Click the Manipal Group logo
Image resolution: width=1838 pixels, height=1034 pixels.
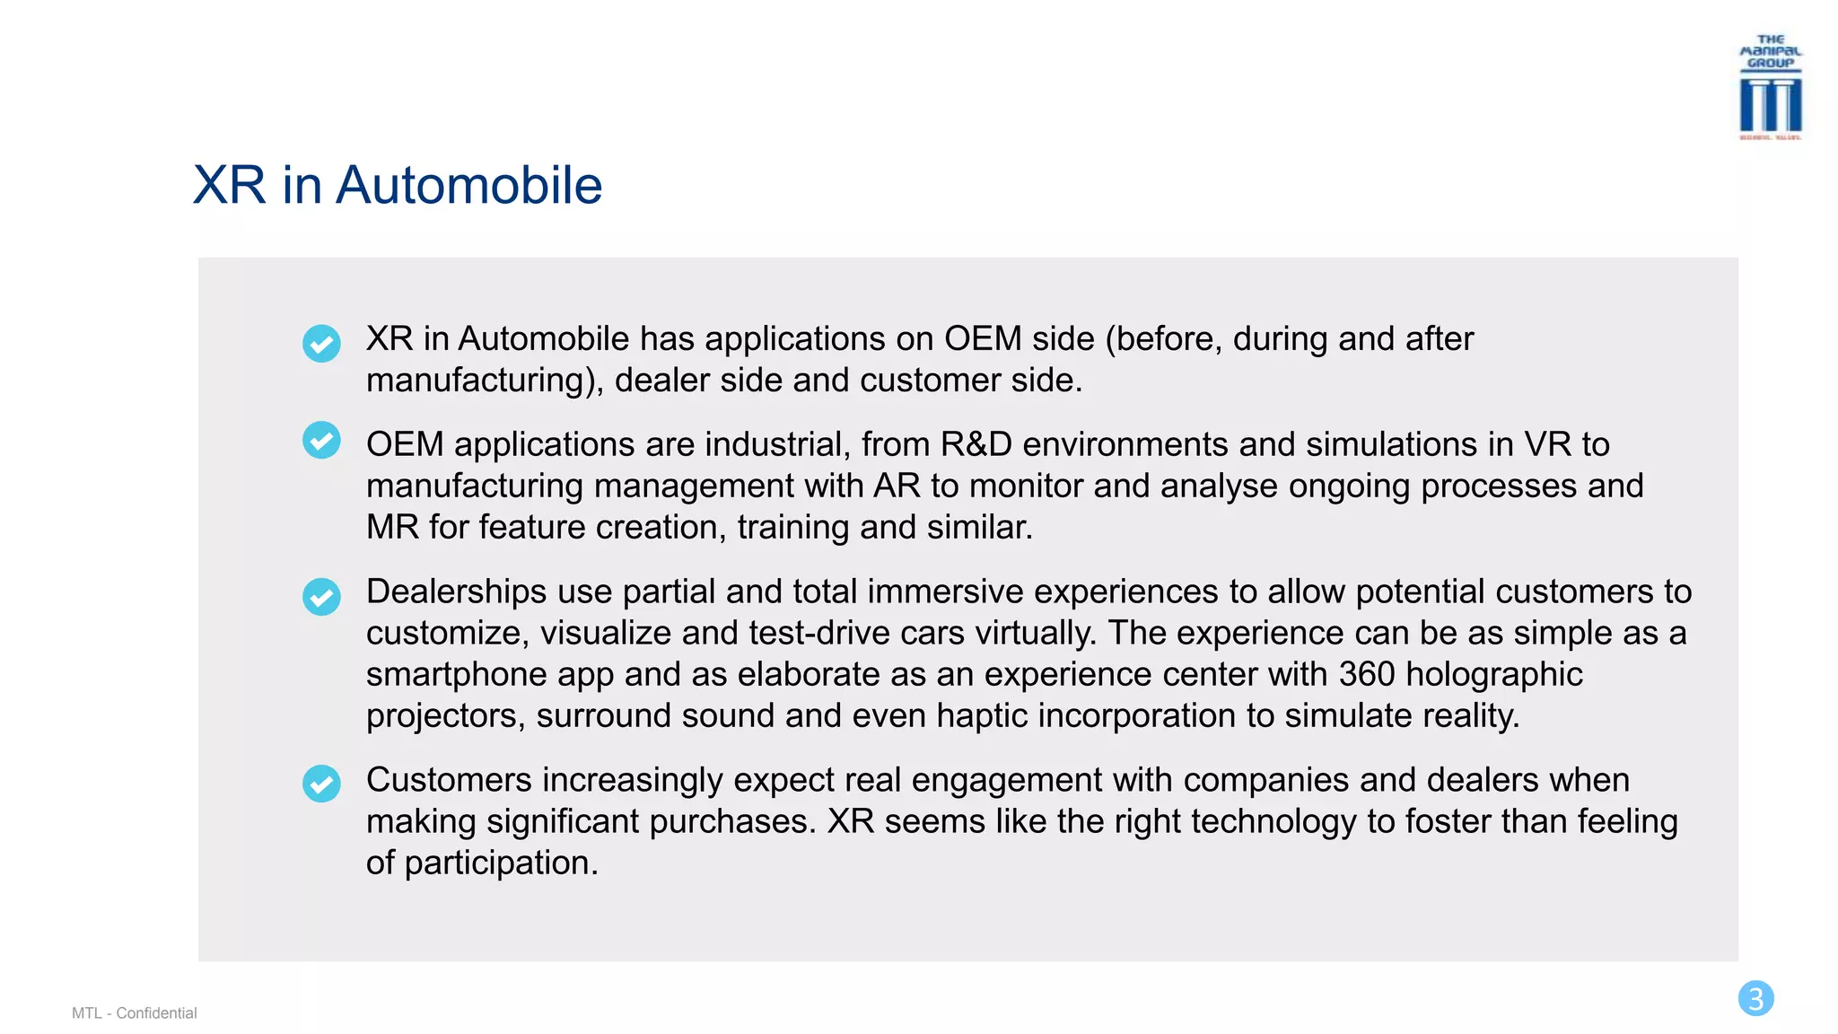1770,88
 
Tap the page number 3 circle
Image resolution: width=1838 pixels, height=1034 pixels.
1755,998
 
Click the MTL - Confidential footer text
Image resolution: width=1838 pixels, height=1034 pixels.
135,1013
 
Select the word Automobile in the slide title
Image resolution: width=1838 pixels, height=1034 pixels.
468,186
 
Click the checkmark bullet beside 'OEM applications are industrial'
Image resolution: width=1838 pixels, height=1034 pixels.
321,440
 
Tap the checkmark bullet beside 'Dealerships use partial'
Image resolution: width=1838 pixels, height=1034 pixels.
321,597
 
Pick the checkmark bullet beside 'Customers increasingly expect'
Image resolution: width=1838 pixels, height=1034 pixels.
321,784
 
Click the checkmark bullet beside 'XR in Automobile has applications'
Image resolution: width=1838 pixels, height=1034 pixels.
321,344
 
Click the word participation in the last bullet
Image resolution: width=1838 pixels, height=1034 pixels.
501,863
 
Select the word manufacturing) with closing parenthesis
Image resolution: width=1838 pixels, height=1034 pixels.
485,381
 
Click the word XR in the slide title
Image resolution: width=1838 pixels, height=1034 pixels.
230,186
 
